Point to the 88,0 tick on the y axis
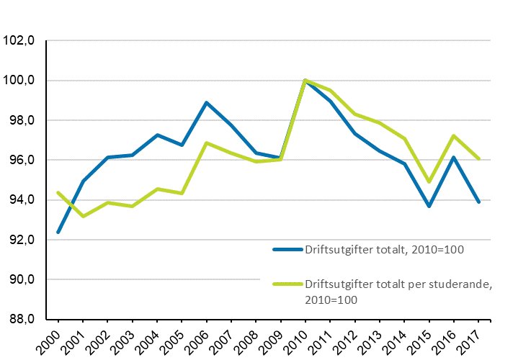tap(21, 319)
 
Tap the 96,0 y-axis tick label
tap(21, 160)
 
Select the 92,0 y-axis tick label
tap(21, 240)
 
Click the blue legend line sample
tap(287, 250)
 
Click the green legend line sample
tap(287, 284)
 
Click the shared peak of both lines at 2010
tap(305, 80)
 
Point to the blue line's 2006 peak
tap(207, 102)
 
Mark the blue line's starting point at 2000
tap(58, 232)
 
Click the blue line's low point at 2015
tap(429, 206)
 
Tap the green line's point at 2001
tap(83, 216)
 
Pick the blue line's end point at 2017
tap(478, 202)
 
